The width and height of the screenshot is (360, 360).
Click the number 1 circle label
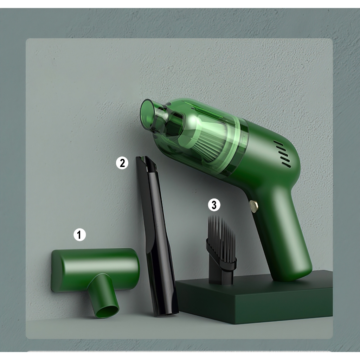tap(79, 234)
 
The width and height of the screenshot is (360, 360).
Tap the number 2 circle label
tap(122, 163)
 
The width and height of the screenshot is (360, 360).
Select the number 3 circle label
tap(214, 205)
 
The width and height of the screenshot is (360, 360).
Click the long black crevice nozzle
tap(156, 237)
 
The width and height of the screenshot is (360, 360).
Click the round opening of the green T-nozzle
tap(108, 311)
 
